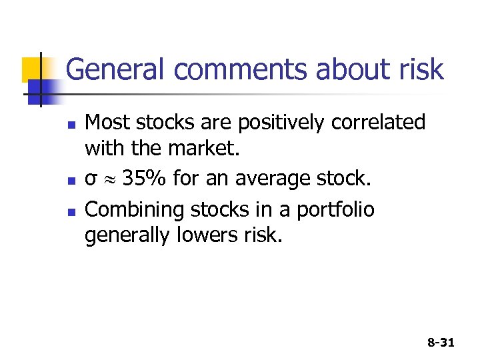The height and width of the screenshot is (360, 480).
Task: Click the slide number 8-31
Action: [x=441, y=343]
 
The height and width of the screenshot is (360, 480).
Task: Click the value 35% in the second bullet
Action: [x=147, y=179]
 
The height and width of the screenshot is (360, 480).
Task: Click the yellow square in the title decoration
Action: [x=33, y=69]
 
